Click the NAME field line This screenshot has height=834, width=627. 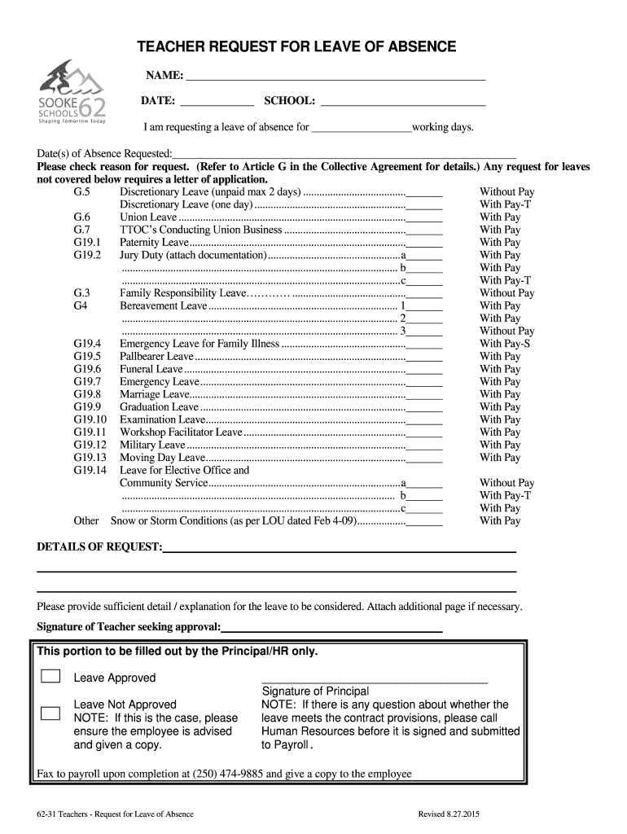[335, 78]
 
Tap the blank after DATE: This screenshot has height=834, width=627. [217, 103]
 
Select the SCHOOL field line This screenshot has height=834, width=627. [403, 103]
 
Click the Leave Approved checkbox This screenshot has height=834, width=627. [50, 676]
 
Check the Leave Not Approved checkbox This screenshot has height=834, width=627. [50, 713]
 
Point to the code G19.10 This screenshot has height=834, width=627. [90, 419]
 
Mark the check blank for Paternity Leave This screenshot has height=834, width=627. [424, 244]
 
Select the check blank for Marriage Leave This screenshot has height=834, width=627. [424, 395]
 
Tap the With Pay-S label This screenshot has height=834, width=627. [505, 344]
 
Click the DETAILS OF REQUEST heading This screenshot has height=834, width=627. [99, 546]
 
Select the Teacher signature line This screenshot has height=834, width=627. [331, 629]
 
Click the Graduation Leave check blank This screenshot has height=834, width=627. [424, 408]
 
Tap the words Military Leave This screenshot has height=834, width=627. [152, 445]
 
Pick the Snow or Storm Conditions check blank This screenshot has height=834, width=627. [424, 521]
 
